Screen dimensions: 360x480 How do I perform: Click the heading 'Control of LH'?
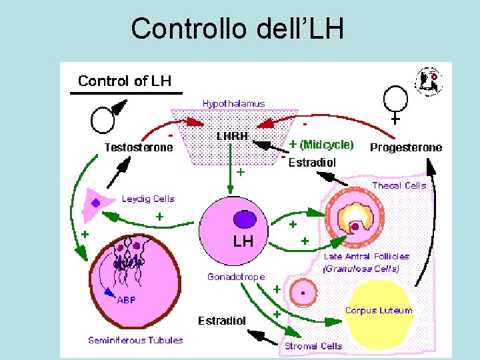click(125, 81)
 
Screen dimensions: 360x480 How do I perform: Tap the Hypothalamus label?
click(233, 103)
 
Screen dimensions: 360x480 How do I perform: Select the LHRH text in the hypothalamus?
click(233, 135)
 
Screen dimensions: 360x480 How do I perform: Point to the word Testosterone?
click(139, 147)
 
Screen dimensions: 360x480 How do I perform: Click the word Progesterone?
click(405, 147)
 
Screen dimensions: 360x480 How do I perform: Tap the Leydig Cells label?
click(148, 199)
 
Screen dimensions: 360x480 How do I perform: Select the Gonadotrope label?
click(236, 276)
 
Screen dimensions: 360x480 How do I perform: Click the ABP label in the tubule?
click(127, 300)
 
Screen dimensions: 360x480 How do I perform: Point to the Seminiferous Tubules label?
click(135, 340)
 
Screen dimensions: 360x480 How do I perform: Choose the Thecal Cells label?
click(399, 185)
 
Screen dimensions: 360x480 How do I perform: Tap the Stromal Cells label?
click(313, 346)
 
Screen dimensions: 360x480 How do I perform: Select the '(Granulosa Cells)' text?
click(361, 269)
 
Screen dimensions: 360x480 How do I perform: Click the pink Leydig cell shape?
click(94, 203)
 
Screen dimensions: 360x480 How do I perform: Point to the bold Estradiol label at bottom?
click(221, 321)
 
